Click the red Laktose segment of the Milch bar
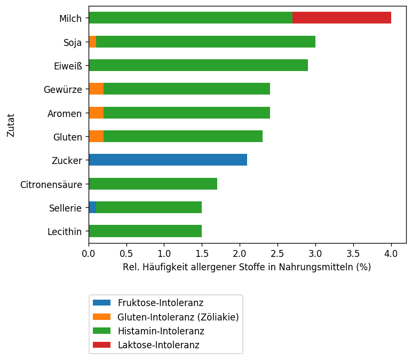(342, 18)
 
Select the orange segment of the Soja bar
(92, 42)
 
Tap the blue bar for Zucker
(168, 160)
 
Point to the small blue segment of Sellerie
(92, 207)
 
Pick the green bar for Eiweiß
(198, 65)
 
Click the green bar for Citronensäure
(153, 184)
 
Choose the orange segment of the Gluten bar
(96, 136)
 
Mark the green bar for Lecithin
(145, 231)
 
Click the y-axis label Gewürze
(62, 89)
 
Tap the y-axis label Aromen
(65, 113)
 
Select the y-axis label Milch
(70, 19)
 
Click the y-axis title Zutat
(11, 124)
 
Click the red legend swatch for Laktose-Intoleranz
(101, 345)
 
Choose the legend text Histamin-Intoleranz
(161, 331)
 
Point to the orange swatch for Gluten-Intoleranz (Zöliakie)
(101, 317)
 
